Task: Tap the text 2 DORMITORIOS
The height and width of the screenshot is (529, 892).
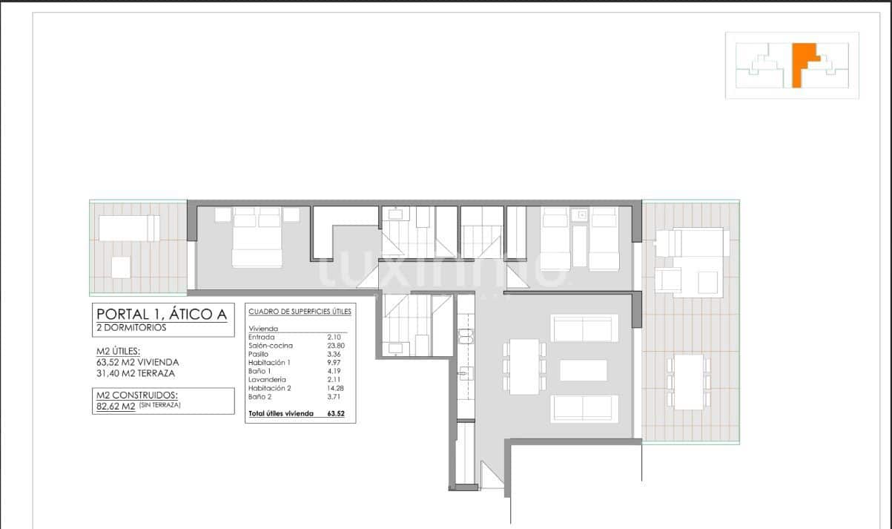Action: tap(132, 327)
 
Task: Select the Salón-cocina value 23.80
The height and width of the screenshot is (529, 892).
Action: tap(336, 346)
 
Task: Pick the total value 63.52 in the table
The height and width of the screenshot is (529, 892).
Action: tap(337, 414)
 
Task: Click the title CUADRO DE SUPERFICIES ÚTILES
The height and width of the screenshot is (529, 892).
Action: tap(300, 312)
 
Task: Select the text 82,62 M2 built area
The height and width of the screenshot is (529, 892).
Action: tap(115, 407)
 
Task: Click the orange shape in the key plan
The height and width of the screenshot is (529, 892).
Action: tap(801, 65)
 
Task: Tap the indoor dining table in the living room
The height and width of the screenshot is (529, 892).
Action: tap(524, 367)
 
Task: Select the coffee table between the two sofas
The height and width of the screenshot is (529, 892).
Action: tap(583, 370)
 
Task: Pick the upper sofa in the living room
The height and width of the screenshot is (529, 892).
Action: tap(585, 328)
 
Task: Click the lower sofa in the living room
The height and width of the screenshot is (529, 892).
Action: tap(585, 409)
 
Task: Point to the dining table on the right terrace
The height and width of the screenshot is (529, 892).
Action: tap(689, 381)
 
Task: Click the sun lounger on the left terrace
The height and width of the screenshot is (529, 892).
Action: tap(129, 228)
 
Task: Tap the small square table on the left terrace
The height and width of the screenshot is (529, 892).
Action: tap(121, 267)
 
